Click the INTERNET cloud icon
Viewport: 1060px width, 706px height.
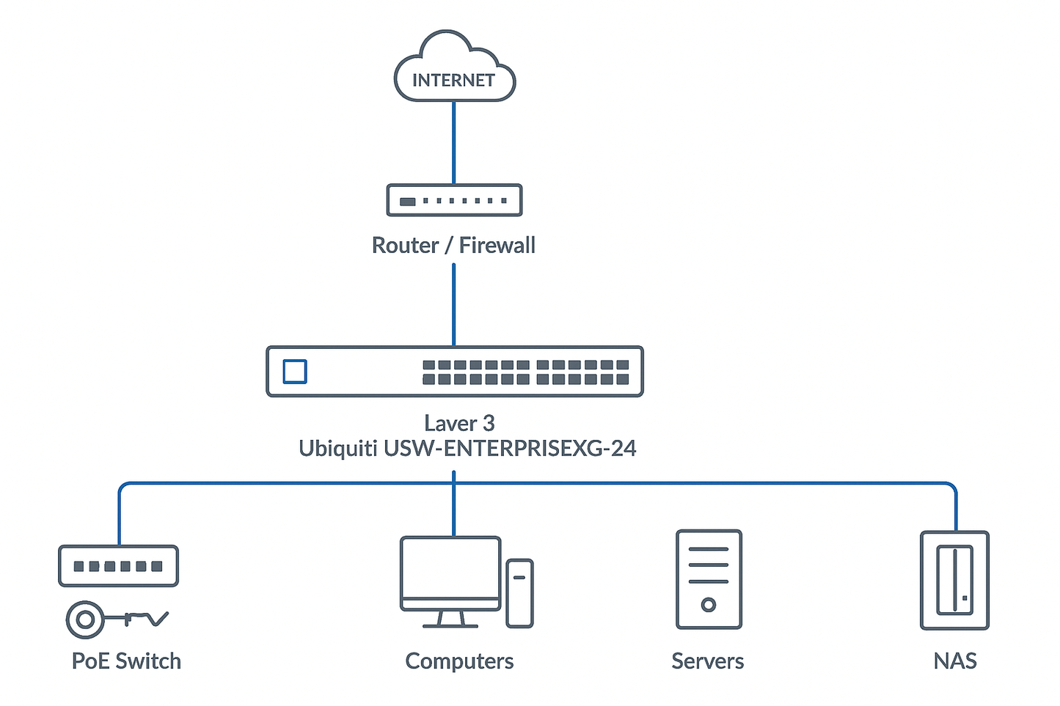[x=454, y=70]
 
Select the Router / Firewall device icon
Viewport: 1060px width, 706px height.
[x=454, y=200]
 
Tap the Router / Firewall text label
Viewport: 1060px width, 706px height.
[x=453, y=245]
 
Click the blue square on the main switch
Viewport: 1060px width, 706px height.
[x=295, y=372]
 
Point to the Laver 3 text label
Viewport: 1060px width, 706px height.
[x=459, y=423]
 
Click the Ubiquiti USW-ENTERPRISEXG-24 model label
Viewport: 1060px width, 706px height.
[x=467, y=448]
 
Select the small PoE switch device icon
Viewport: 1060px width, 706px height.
[x=118, y=565]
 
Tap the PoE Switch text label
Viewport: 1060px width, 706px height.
[x=126, y=661]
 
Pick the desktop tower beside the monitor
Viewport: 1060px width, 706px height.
[x=519, y=593]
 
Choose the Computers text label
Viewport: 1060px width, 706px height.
[x=459, y=661]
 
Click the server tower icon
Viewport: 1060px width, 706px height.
[x=709, y=579]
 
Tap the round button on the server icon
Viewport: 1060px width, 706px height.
[x=709, y=605]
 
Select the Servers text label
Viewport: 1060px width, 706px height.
[x=707, y=661]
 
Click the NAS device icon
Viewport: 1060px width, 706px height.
[x=954, y=580]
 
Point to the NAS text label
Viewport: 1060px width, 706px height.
[x=955, y=661]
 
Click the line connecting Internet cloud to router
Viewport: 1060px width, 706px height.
[x=454, y=142]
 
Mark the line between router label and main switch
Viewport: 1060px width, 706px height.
[x=454, y=304]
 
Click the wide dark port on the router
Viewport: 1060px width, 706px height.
[x=407, y=201]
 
